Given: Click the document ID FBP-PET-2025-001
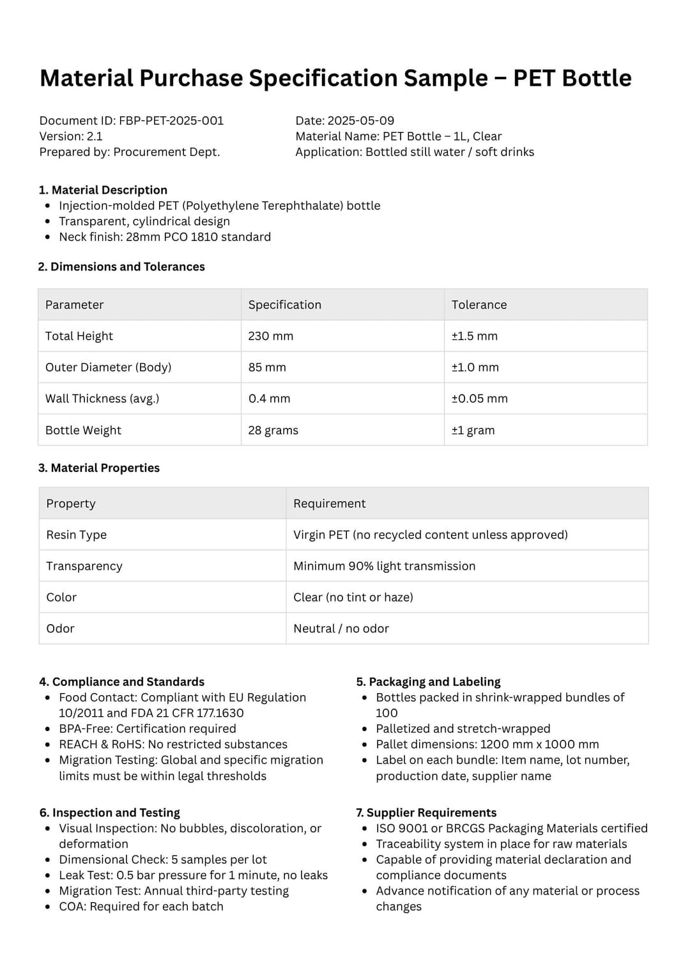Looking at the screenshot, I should click(x=171, y=121).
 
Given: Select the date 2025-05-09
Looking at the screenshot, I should click(x=360, y=121).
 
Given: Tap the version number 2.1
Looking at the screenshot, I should click(x=95, y=136).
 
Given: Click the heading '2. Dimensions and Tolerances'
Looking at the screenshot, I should click(x=121, y=267).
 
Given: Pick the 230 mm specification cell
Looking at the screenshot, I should click(x=270, y=336).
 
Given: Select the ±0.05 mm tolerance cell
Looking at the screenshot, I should click(x=479, y=398).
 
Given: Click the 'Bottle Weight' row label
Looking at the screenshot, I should click(x=83, y=430).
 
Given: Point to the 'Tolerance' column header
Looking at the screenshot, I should click(x=479, y=305).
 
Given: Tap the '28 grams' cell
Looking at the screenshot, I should click(x=273, y=430).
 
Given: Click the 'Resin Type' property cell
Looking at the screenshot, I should click(x=76, y=535).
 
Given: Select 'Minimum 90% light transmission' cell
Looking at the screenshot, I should click(x=384, y=566).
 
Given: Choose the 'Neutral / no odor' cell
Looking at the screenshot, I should click(x=341, y=629).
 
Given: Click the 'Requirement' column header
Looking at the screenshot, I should click(x=329, y=504).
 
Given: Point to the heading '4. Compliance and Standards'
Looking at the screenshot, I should click(x=121, y=682).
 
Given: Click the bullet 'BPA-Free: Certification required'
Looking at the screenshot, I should click(x=147, y=729).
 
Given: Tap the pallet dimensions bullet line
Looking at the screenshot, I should click(x=487, y=744).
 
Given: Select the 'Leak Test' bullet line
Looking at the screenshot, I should click(x=193, y=875).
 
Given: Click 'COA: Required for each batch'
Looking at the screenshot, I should click(x=141, y=907).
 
